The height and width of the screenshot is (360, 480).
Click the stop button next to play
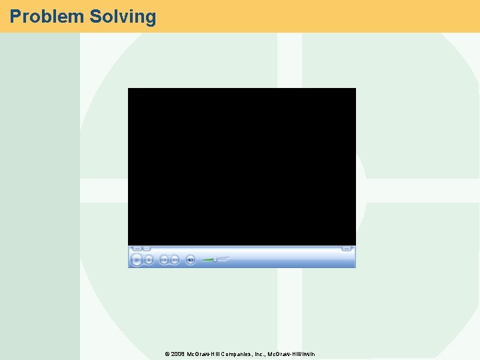coord(149,259)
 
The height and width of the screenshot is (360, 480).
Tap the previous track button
coord(165,259)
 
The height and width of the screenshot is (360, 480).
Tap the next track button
coord(175,259)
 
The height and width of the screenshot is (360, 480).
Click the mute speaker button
coord(191,259)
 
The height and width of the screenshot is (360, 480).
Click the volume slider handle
coord(215,259)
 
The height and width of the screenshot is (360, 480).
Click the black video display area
coord(241,167)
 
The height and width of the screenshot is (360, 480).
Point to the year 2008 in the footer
coord(178,354)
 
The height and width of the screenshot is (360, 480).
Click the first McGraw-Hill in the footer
coord(203,354)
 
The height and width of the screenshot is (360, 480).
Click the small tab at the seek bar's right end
coord(347,249)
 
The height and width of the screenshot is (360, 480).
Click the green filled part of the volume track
coord(207,259)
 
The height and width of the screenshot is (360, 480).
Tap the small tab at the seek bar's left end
coord(137,249)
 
